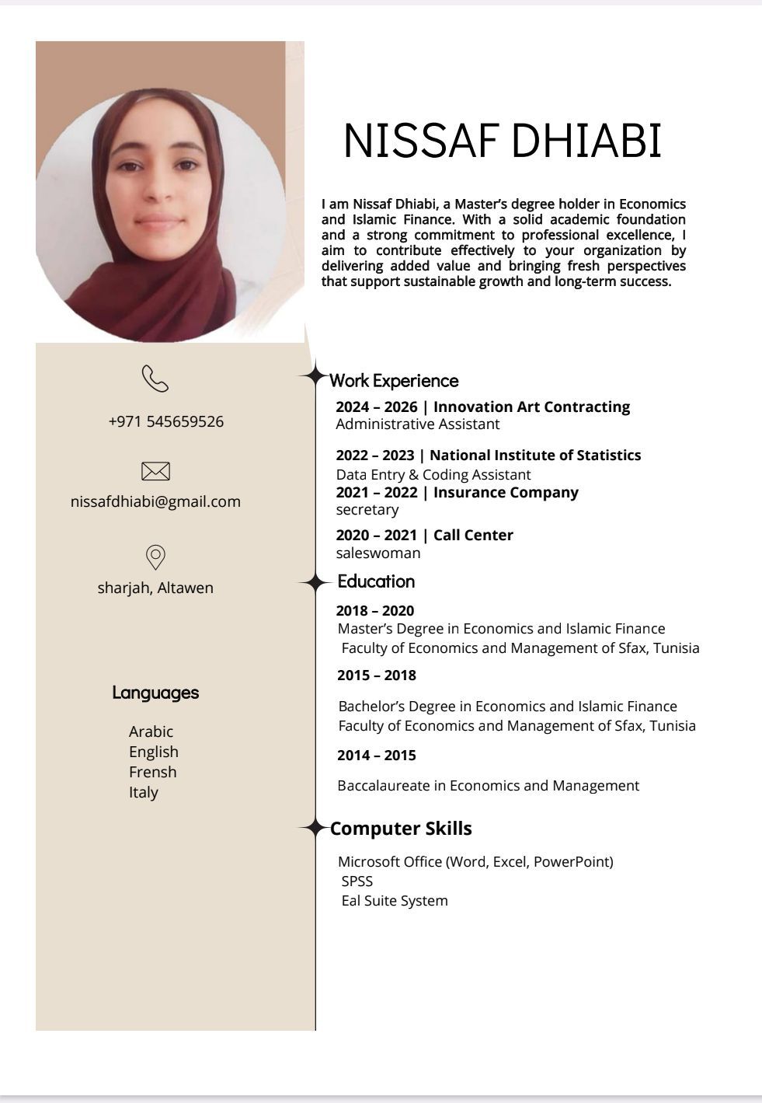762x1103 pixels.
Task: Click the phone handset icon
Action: click(155, 379)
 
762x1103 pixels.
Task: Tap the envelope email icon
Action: click(155, 471)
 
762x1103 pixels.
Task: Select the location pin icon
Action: click(155, 557)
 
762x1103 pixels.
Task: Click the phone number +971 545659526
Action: click(166, 421)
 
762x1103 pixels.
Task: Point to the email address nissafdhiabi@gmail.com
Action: click(155, 501)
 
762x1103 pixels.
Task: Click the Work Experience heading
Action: click(394, 381)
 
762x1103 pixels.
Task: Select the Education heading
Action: click(376, 581)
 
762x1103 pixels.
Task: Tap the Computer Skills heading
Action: click(401, 829)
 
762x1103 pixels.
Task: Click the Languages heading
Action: click(155, 693)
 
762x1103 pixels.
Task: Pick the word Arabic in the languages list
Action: click(151, 731)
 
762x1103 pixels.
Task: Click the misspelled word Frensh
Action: click(152, 772)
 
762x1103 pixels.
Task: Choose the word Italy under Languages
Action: click(144, 792)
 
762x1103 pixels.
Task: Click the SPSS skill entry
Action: click(357, 881)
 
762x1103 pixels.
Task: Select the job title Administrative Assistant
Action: click(418, 424)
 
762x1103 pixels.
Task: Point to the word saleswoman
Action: click(378, 553)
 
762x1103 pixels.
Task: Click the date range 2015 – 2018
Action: click(377, 675)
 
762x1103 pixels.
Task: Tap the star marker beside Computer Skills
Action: click(315, 829)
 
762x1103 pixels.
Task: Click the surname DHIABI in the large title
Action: click(586, 141)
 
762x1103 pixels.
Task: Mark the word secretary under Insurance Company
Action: click(367, 510)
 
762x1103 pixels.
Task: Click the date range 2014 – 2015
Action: click(377, 756)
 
